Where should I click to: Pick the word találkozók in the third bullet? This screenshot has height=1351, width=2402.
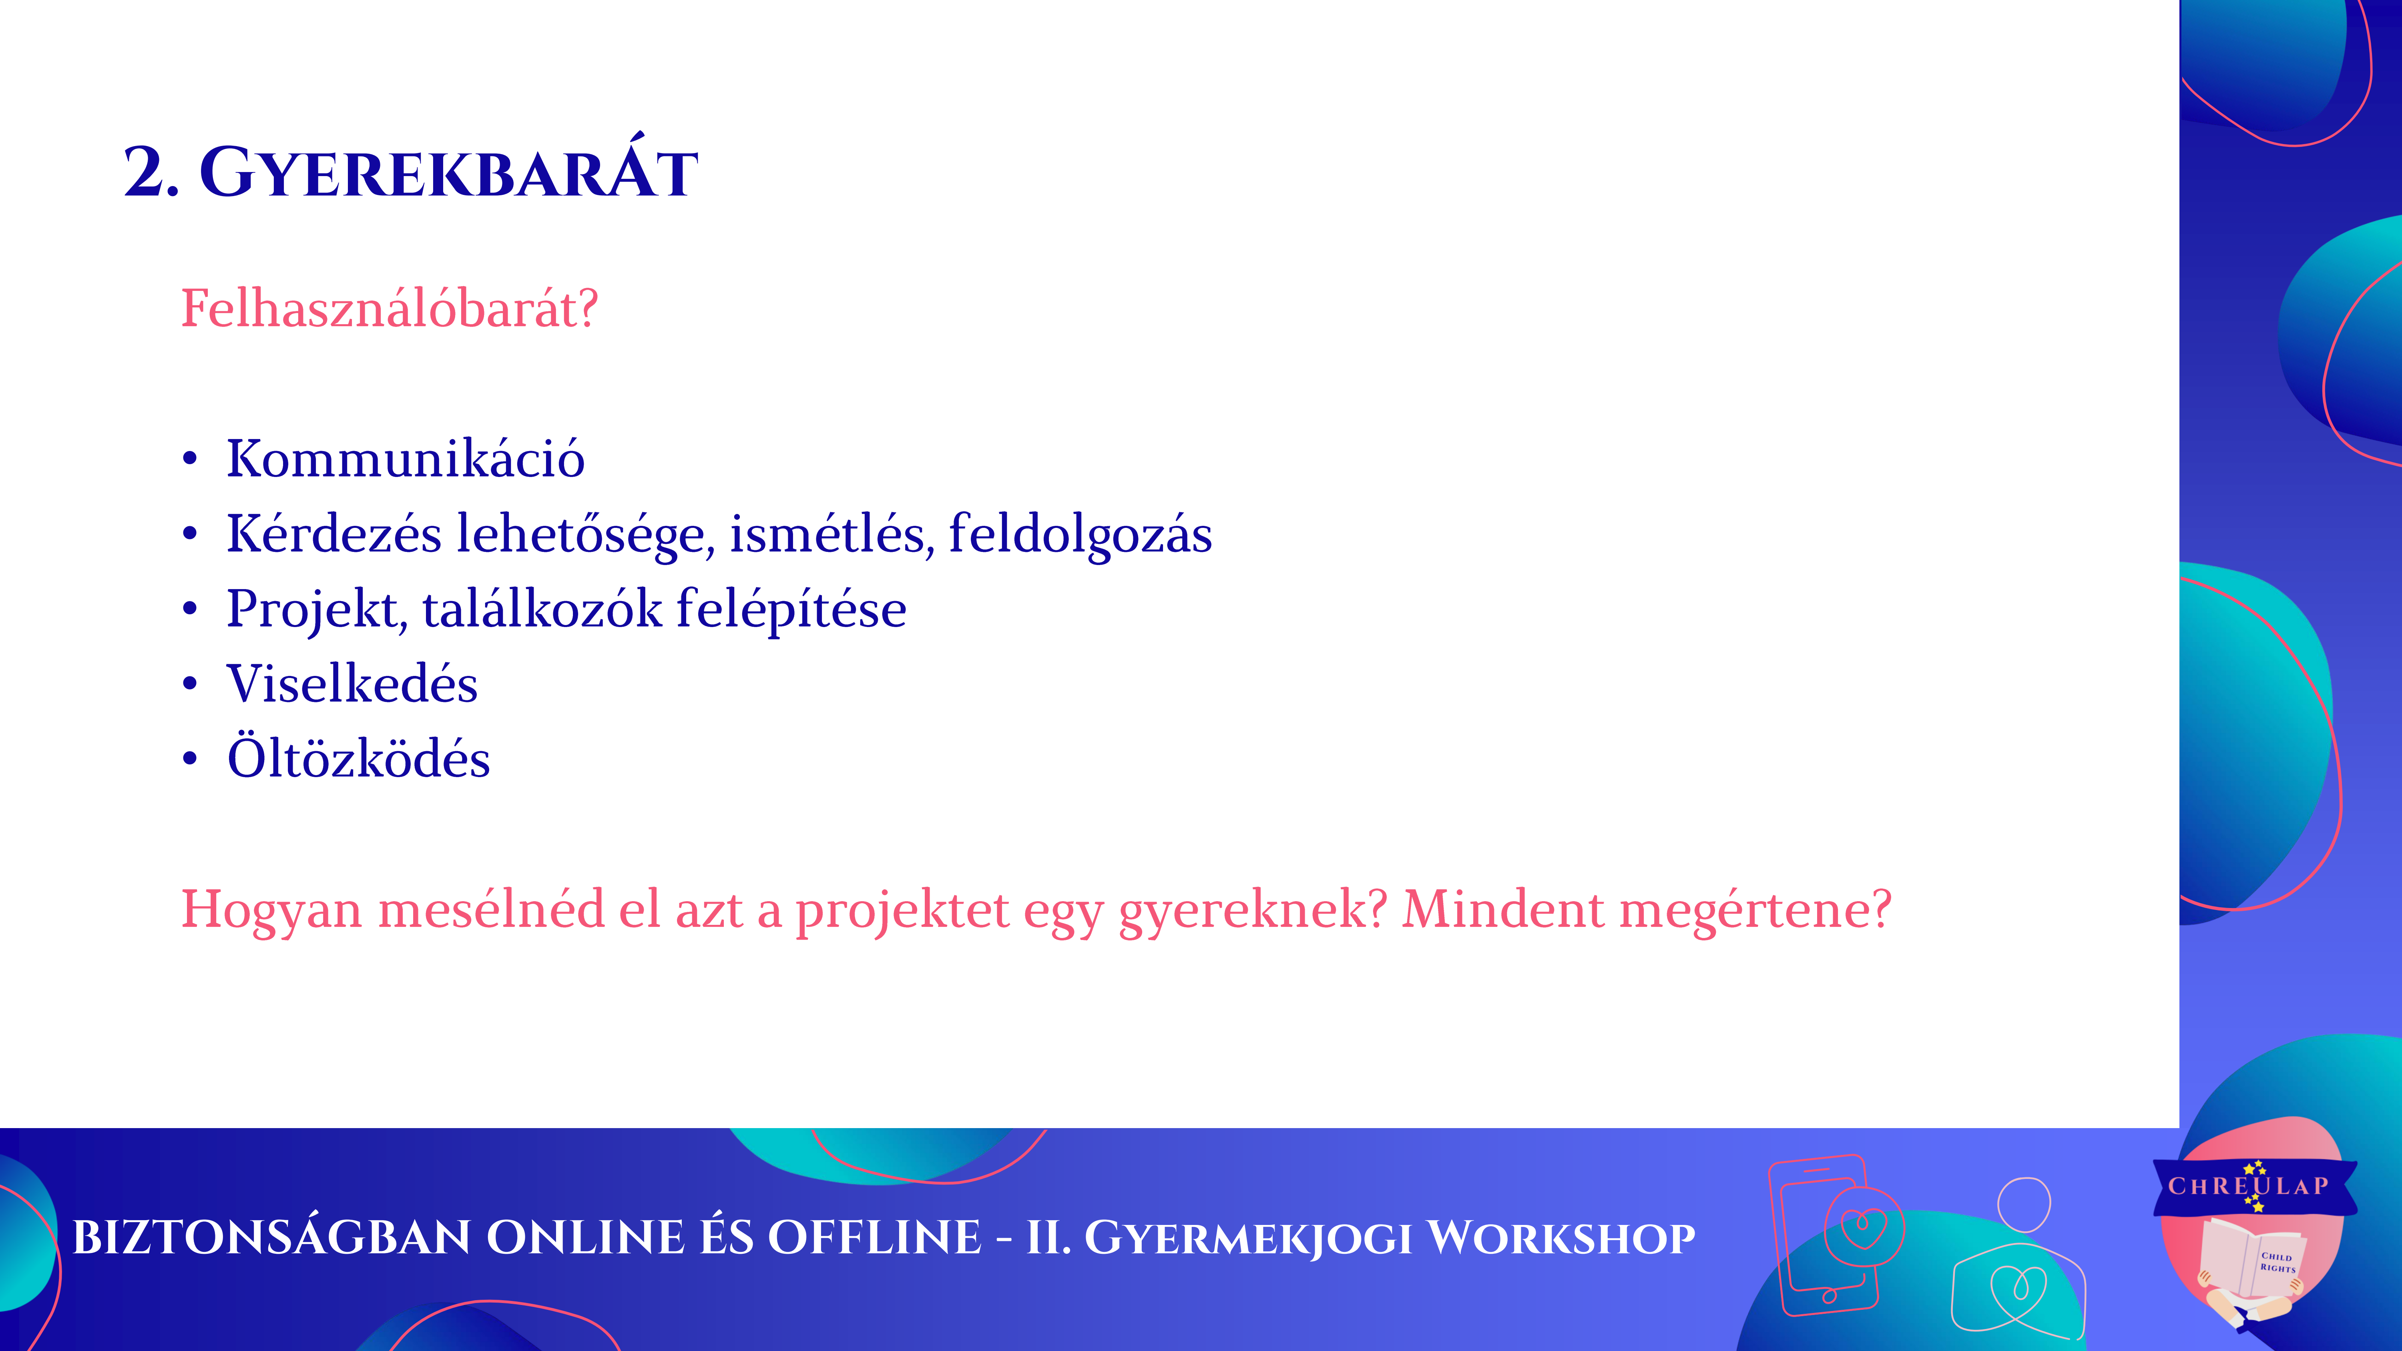(543, 609)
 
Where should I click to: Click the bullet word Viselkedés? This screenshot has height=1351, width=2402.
(352, 684)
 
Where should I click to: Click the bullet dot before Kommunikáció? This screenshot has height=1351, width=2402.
(190, 459)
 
